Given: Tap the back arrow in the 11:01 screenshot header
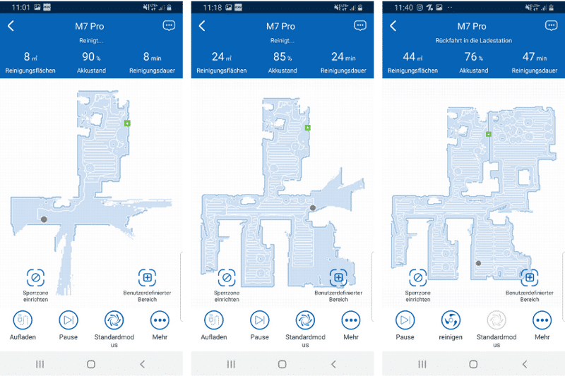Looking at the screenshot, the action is pos(11,26).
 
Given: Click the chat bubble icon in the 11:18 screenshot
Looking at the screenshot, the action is pos(360,25).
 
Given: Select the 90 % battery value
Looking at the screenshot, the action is pos(91,57).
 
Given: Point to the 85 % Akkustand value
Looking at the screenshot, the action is pos(282,57).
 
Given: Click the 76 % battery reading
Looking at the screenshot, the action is pos(473,57).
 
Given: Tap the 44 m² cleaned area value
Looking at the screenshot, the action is pos(412,57).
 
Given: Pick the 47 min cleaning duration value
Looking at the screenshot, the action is pos(535,57).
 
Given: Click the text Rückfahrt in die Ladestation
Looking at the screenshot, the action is pos(473,41).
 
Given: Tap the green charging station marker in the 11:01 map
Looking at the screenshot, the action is pos(127,123).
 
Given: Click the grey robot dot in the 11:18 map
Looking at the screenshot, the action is pos(313,207).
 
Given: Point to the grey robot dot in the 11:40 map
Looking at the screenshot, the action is pos(479,263).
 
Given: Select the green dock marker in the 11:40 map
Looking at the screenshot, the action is pos(489,134).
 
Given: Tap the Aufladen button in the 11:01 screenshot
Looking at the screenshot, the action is pos(23,320).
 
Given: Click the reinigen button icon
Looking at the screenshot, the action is pos(451,320).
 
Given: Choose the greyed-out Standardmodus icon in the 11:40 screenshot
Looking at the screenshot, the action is pos(496,320).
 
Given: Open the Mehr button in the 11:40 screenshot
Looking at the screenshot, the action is pos(542,320).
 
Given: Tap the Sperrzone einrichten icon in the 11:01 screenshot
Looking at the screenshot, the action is pos(35,278).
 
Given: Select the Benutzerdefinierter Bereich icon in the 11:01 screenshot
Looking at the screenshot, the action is pos(147,278).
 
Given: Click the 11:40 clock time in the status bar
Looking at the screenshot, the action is pos(403,8).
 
